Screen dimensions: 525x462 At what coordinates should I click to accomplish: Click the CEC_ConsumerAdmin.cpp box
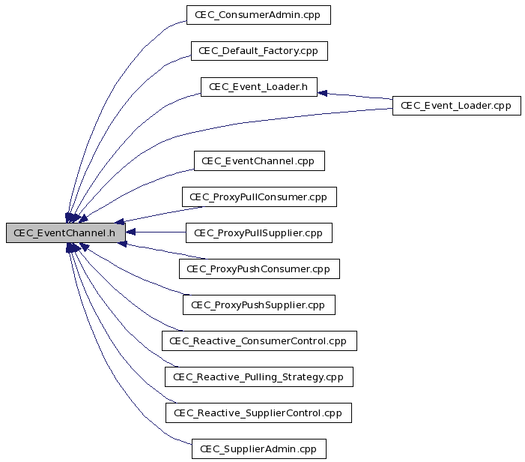coord(258,15)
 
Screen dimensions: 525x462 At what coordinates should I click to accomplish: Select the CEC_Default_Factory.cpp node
coord(259,51)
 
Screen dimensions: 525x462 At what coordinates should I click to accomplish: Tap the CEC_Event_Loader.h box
coord(259,87)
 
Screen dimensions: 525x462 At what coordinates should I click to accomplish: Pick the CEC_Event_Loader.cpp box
coord(457,106)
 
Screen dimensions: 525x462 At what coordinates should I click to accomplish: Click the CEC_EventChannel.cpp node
coord(259,161)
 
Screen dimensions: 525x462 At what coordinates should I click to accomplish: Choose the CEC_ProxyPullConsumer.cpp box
coord(259,196)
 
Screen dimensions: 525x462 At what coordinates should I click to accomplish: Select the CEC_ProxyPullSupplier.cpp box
coord(259,233)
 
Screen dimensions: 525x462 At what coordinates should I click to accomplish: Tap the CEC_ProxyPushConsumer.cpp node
coord(259,269)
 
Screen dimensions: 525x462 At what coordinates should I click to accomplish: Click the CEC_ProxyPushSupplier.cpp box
coord(259,305)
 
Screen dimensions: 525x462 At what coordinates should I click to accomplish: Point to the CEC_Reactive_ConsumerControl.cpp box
coord(259,341)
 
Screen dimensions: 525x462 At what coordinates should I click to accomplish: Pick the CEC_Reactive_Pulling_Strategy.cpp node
coord(259,376)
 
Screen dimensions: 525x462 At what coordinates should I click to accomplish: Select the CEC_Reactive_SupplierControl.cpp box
coord(258,413)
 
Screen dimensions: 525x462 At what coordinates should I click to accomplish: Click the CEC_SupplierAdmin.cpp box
coord(259,449)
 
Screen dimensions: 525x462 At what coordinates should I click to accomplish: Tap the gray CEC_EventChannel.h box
coord(66,232)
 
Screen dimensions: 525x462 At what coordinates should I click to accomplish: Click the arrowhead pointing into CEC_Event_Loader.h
coord(322,93)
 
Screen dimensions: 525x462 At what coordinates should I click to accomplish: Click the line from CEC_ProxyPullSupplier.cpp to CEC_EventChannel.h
coord(156,232)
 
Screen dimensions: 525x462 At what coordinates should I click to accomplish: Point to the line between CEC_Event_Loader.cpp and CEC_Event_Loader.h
coord(355,96)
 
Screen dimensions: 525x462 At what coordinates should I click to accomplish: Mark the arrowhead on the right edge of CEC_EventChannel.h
coord(130,232)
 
